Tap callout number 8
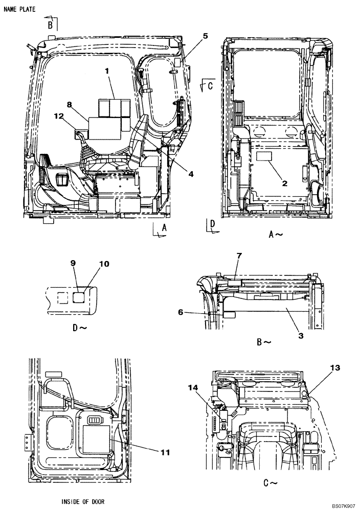point(69,105)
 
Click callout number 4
point(190,174)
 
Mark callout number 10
point(104,264)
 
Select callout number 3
point(301,335)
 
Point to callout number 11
point(165,452)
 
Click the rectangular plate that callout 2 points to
point(265,156)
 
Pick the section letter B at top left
point(51,24)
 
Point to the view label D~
point(80,328)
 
